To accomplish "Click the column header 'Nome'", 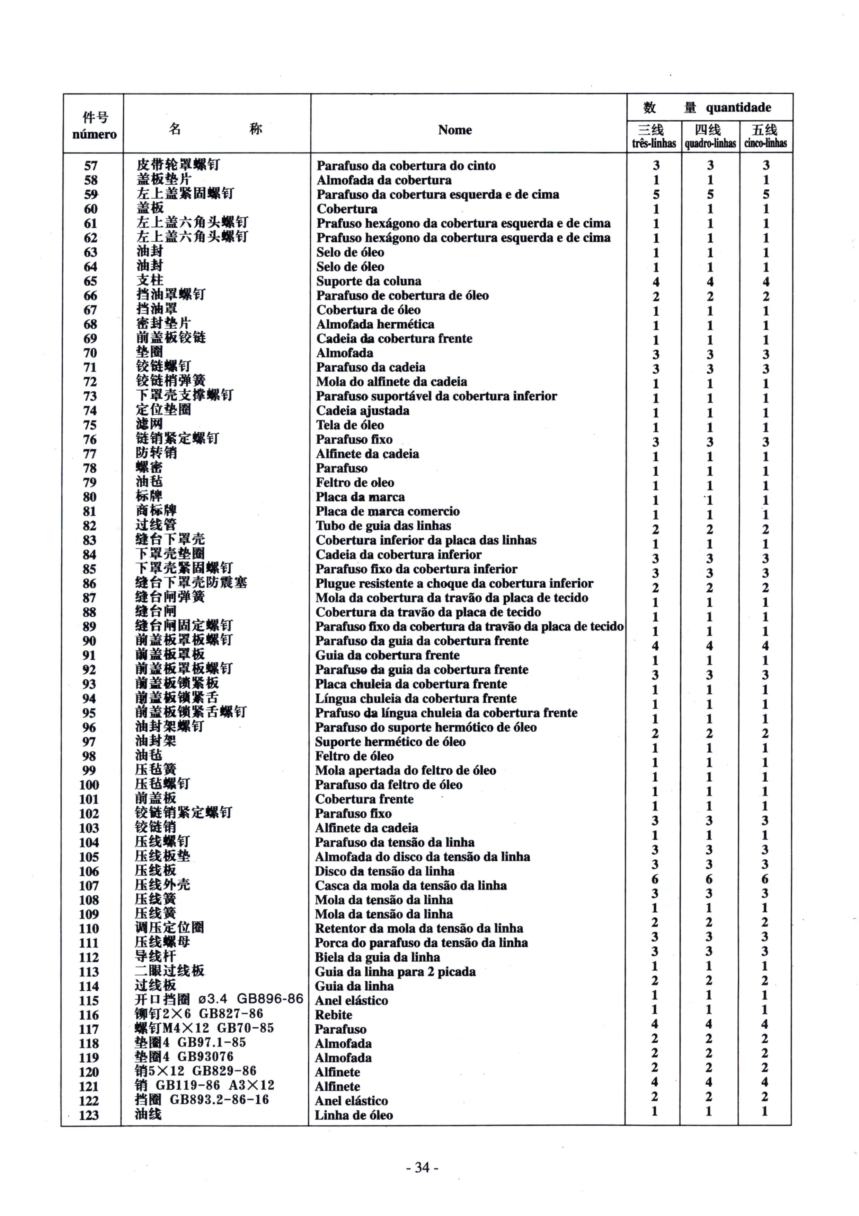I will point(455,130).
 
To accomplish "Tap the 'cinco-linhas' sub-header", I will point(765,143).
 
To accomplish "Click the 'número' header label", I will point(94,134).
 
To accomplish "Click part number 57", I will point(91,166).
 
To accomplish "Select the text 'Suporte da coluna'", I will point(369,281).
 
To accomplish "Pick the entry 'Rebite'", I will point(334,1014).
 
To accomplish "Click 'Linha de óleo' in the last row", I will point(354,1115).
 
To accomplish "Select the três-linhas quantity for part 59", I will point(656,194).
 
